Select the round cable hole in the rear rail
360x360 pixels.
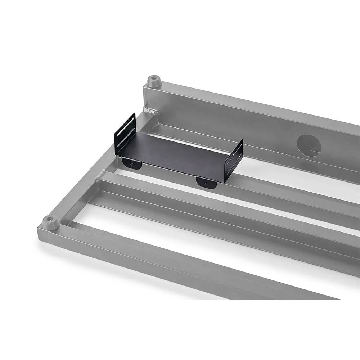[309, 145]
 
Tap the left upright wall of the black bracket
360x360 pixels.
[125, 135]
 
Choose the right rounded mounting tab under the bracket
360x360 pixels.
[206, 182]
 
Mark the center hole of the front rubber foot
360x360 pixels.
[49, 219]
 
